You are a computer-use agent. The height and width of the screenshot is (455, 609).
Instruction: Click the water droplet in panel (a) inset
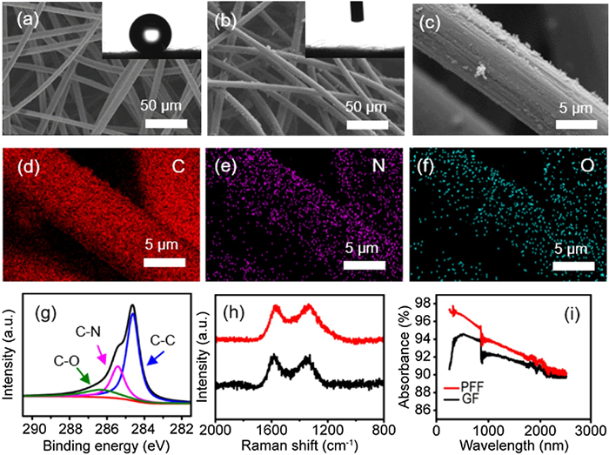pos(149,35)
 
